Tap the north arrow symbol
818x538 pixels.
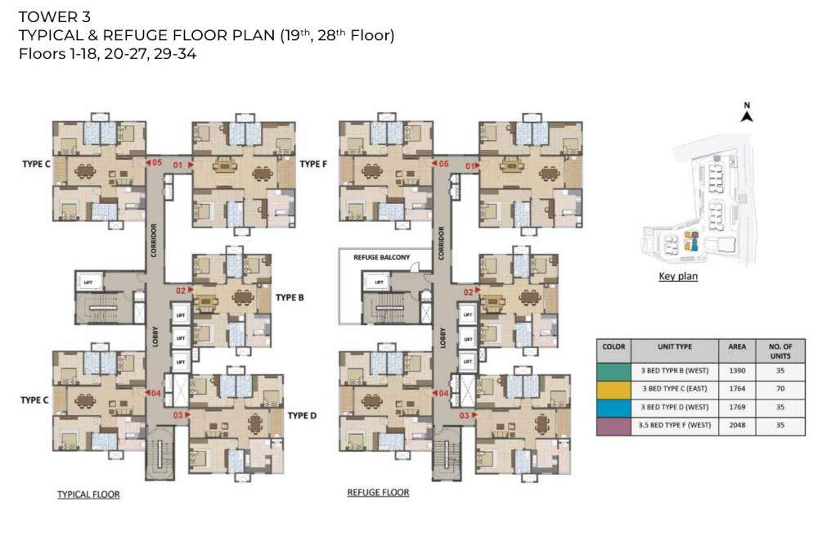pyautogui.click(x=746, y=115)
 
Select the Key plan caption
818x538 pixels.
pyautogui.click(x=678, y=277)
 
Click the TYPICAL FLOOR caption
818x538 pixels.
pyautogui.click(x=88, y=495)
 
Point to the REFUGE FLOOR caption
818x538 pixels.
pyautogui.click(x=378, y=493)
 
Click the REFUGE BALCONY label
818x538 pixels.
pyautogui.click(x=380, y=257)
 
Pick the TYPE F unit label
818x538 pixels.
pyautogui.click(x=313, y=165)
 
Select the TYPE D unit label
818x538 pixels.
pyautogui.click(x=302, y=416)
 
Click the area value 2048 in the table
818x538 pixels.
pyautogui.click(x=737, y=426)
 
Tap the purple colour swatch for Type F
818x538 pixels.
pyautogui.click(x=613, y=426)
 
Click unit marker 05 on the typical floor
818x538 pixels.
pyautogui.click(x=155, y=162)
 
